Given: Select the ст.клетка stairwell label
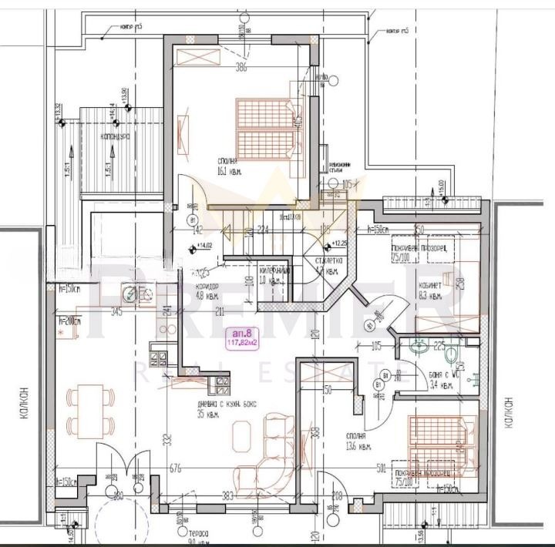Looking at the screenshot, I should click(x=329, y=266).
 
